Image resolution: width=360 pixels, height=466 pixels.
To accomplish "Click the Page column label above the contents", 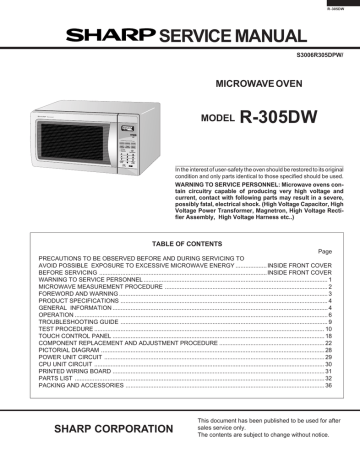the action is (322, 252).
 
